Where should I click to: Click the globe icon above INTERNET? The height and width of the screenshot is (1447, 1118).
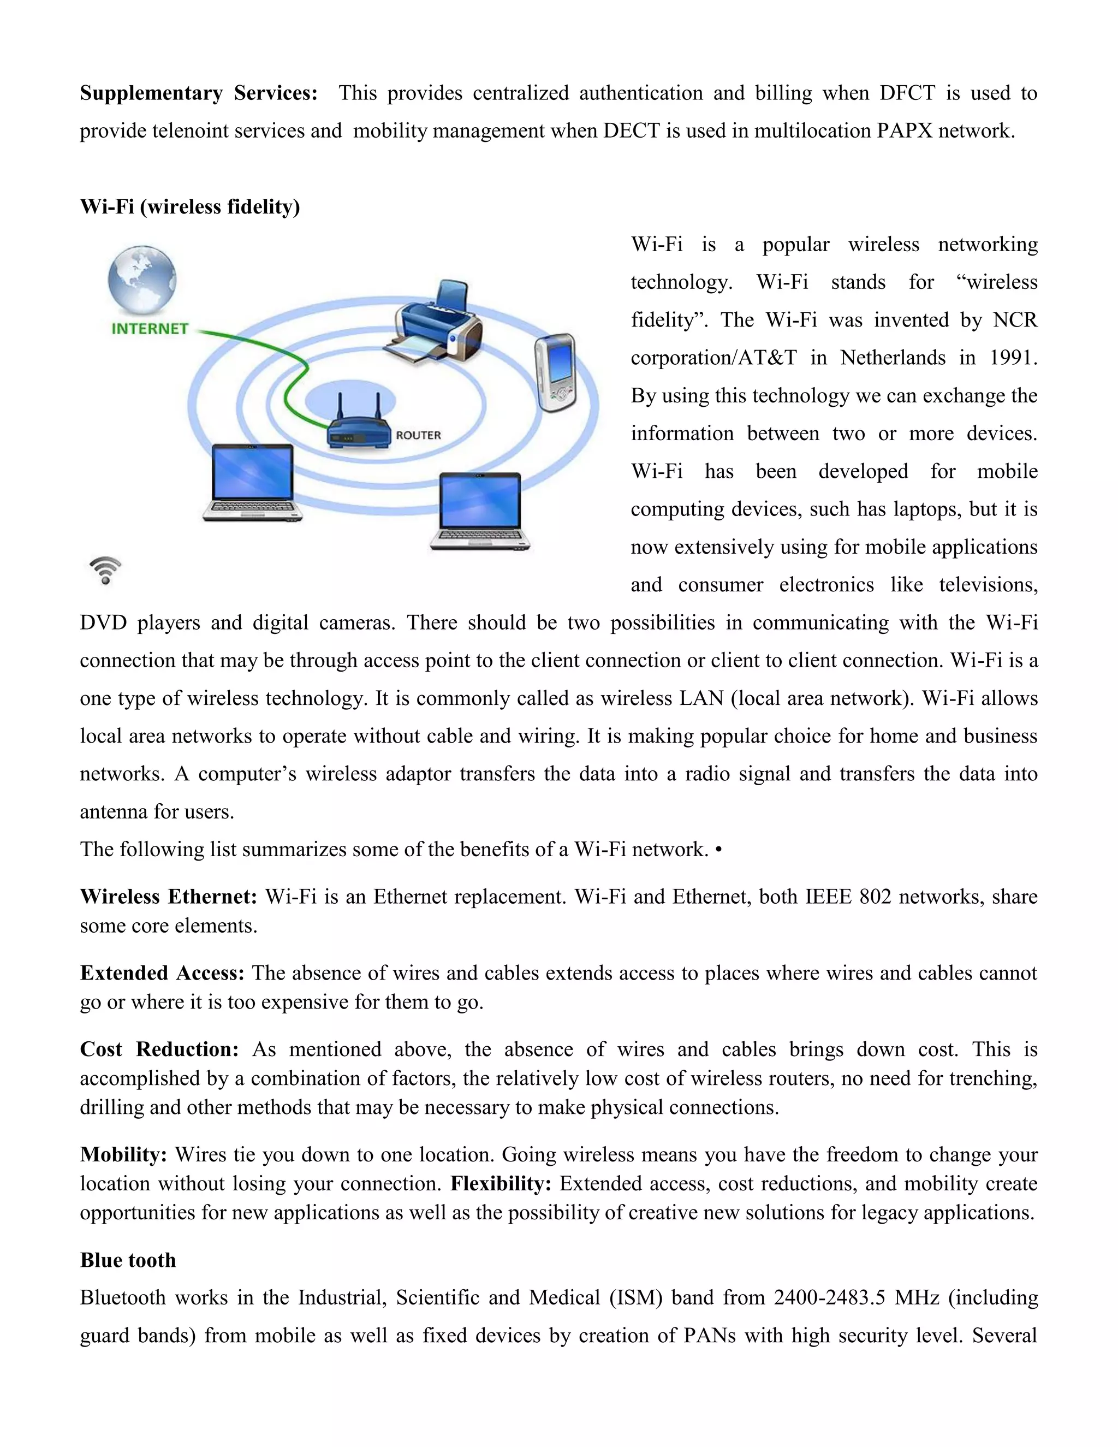142,280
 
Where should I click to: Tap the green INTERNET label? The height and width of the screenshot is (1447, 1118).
150,329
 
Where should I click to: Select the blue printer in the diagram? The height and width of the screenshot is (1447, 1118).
434,323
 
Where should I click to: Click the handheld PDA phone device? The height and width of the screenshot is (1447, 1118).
555,372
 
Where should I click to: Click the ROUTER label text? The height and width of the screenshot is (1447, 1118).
418,435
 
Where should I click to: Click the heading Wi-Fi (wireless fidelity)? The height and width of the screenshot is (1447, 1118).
190,207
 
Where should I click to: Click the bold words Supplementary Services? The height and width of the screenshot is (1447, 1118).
199,93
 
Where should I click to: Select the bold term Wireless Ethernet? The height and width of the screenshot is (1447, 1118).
168,897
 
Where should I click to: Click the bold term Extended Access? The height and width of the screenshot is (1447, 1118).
162,972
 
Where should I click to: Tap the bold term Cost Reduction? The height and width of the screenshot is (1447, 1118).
159,1049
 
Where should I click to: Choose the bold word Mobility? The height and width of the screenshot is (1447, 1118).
124,1154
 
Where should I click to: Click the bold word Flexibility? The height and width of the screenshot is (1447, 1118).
501,1183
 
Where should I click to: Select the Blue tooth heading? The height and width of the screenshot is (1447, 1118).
128,1260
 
